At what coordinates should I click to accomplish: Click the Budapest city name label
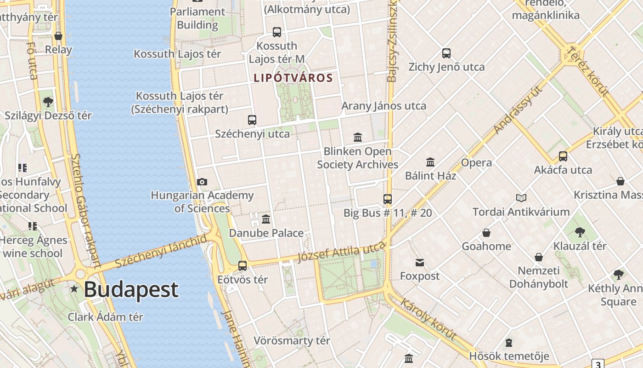[131, 290]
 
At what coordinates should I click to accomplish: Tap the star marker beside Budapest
[74, 289]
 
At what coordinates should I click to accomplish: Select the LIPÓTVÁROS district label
[293, 78]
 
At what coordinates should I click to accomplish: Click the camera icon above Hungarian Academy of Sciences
[202, 182]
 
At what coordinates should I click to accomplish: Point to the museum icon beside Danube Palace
[266, 219]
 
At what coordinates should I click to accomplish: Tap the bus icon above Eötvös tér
[243, 266]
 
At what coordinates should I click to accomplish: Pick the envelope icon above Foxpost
[420, 263]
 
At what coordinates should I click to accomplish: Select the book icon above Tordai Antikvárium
[521, 198]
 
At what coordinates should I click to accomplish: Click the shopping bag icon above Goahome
[486, 233]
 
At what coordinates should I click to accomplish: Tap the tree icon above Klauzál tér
[580, 231]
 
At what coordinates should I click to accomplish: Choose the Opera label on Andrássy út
[476, 163]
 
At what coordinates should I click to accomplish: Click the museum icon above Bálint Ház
[430, 162]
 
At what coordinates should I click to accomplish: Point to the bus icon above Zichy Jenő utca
[446, 53]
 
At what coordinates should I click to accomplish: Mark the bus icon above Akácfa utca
[563, 156]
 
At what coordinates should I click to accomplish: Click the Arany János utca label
[384, 106]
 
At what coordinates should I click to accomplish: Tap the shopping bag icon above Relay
[58, 36]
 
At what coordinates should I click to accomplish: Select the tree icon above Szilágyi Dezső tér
[48, 102]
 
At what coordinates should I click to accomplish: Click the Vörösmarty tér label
[292, 341]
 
